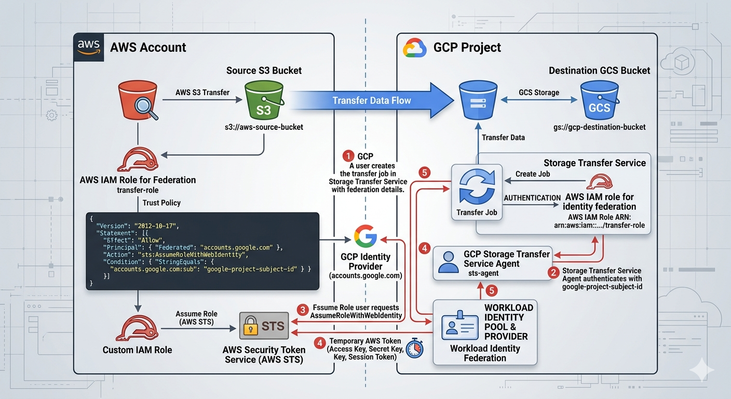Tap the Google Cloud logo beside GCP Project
pyautogui.click(x=414, y=48)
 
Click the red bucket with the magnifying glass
pyautogui.click(x=138, y=101)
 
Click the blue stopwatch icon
pyautogui.click(x=414, y=348)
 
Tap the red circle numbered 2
pyautogui.click(x=554, y=271)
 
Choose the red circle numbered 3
pyautogui.click(x=303, y=310)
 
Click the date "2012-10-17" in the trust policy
pyautogui.click(x=156, y=225)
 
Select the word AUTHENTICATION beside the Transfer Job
pyautogui.click(x=533, y=198)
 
